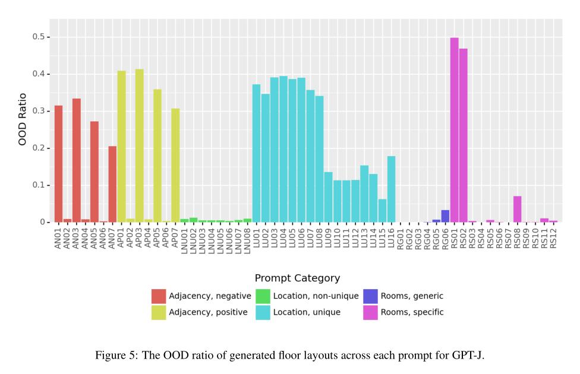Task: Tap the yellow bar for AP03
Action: (140, 145)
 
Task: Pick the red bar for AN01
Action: (58, 164)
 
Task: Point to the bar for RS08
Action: (517, 209)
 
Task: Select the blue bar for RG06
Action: (445, 216)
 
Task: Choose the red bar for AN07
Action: (112, 184)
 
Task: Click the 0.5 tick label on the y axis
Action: (38, 37)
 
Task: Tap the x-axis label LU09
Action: (328, 237)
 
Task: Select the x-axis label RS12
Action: (553, 237)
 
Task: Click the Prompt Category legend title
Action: (297, 278)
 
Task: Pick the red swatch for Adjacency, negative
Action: (159, 296)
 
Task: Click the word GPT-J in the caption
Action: (469, 356)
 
